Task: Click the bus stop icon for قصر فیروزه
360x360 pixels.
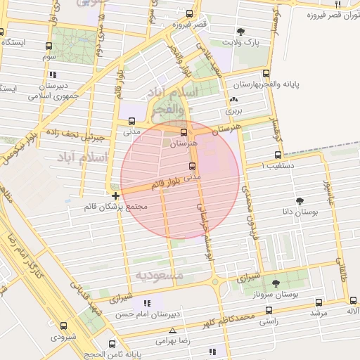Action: pyautogui.click(x=188, y=13)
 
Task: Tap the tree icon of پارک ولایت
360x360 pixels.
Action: pyautogui.click(x=241, y=32)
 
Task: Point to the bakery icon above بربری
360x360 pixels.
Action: pyautogui.click(x=233, y=100)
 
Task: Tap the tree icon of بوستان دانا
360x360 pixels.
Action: pyautogui.click(x=301, y=200)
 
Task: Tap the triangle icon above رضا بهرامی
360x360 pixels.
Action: pyautogui.click(x=172, y=330)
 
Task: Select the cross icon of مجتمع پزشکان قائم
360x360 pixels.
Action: pyautogui.click(x=115, y=195)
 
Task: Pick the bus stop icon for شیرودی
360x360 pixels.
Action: pyautogui.click(x=63, y=326)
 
